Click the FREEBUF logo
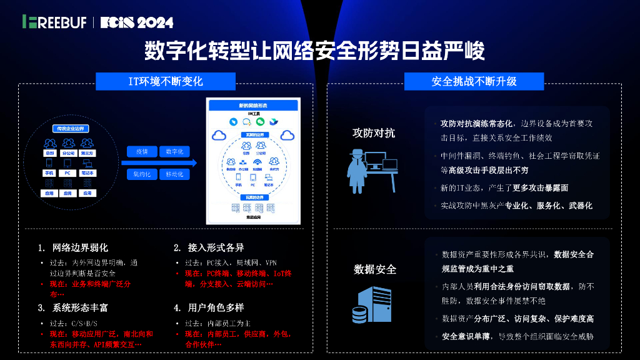pos(55,22)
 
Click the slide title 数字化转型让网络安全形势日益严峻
pos(314,51)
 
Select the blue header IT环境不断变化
pos(166,81)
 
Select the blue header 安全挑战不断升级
pos(474,81)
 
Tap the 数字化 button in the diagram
pos(174,152)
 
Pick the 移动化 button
pos(174,174)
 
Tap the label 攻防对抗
pos(374,133)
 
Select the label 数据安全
pos(375,269)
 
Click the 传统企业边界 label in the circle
pos(70,128)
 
